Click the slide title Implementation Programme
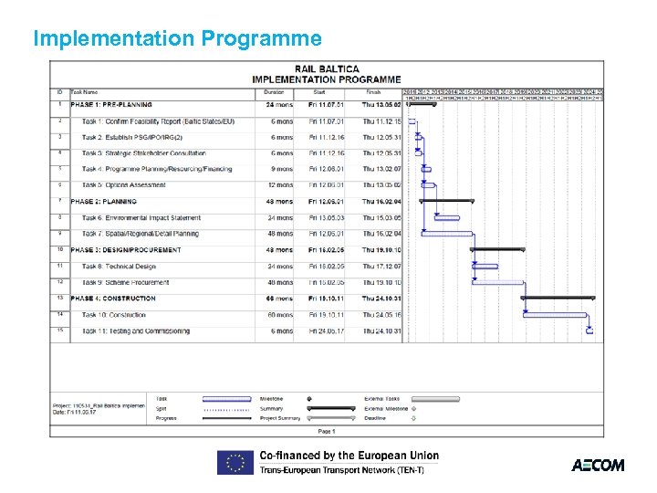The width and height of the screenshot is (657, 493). click(x=177, y=38)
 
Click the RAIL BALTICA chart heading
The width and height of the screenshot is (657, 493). click(x=327, y=68)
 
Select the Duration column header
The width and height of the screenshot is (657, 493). click(x=274, y=91)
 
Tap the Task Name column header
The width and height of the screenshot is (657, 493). click(x=85, y=91)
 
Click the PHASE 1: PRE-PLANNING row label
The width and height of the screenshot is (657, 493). click(x=111, y=105)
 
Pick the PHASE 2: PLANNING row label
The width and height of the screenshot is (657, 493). click(x=103, y=202)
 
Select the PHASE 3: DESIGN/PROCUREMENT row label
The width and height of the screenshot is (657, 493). click(x=126, y=250)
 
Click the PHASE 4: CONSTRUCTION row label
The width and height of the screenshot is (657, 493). click(x=113, y=299)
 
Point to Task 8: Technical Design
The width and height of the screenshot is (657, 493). click(x=119, y=267)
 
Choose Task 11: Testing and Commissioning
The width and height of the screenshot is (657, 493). click(x=137, y=330)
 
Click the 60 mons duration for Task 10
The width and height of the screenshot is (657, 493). click(x=278, y=315)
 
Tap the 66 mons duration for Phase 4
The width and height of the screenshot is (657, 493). click(x=278, y=299)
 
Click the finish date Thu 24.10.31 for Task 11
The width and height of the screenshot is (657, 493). click(x=381, y=330)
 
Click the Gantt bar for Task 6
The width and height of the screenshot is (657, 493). click(x=446, y=217)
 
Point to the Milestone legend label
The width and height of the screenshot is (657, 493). click(x=271, y=399)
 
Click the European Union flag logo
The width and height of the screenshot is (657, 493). click(x=235, y=462)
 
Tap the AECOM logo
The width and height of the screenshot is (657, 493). click(x=598, y=465)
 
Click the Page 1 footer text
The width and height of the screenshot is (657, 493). click(x=326, y=431)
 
